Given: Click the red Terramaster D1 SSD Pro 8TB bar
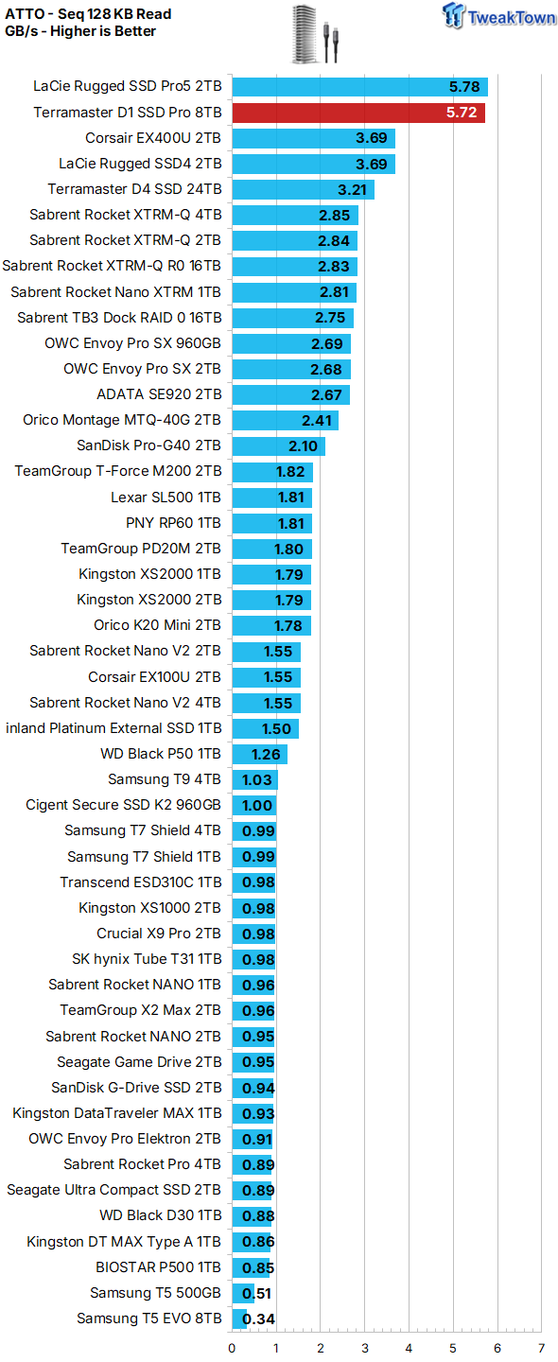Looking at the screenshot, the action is pos(358,113).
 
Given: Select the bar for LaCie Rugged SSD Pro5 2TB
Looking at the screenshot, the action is pos(359,87).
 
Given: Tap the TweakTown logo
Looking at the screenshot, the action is pos(499,16).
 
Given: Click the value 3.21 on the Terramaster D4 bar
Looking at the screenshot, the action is pos(353,190).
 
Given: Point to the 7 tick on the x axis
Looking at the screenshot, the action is pos(541,1349).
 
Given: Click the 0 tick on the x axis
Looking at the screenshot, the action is pos(232,1349).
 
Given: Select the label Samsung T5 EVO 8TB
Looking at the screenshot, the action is pos(149,1318).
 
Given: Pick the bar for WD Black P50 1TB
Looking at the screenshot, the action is pos(259,755).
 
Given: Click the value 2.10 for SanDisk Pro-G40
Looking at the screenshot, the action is pos(304,446).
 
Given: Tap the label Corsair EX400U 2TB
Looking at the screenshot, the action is pos(153,138).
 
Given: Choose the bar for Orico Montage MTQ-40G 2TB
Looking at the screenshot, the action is pos(285,420).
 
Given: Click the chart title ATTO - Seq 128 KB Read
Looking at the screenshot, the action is pos(88,14).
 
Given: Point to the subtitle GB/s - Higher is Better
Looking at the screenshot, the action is pos(80,31).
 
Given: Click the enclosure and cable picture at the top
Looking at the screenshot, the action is pos(315,34).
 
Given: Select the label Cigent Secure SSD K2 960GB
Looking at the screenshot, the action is pos(123,805).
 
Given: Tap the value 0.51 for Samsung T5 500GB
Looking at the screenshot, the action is pos(257,1293).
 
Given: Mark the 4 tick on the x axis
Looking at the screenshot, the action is pos(409,1349).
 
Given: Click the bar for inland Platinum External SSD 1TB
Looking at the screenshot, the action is pos(265,729).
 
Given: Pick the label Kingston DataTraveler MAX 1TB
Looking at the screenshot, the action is pos(117,1113).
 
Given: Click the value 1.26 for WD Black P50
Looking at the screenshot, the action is pos(267,755).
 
